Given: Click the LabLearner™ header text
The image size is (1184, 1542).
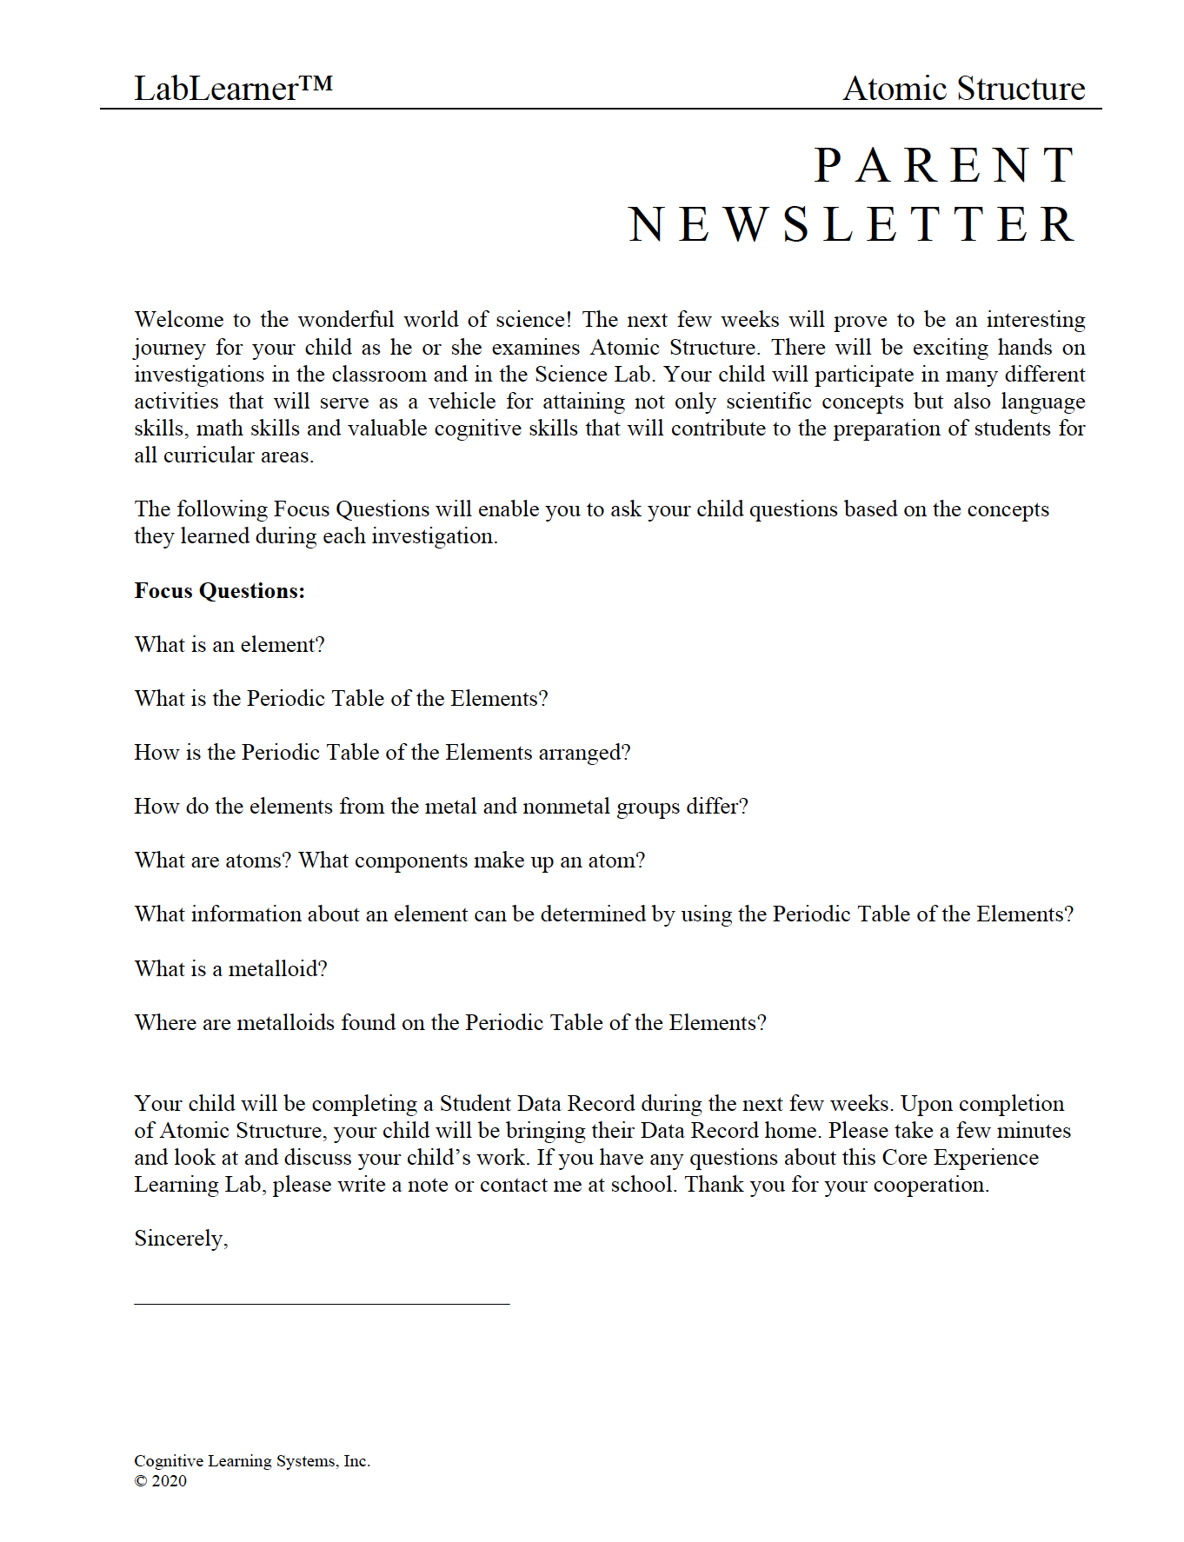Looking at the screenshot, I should pyautogui.click(x=232, y=89).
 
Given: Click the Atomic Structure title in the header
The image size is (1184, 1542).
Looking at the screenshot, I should pyautogui.click(x=963, y=89).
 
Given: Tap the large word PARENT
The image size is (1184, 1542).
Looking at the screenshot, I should pyautogui.click(x=945, y=166).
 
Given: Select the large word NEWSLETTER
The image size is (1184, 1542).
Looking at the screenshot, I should pyautogui.click(x=852, y=225).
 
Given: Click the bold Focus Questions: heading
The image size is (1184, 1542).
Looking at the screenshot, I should pyautogui.click(x=219, y=591).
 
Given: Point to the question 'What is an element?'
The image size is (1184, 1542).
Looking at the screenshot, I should pyautogui.click(x=229, y=645).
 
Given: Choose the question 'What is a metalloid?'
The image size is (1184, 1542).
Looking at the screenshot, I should pyautogui.click(x=230, y=969).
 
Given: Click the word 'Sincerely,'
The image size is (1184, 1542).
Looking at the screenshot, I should pyautogui.click(x=181, y=1239).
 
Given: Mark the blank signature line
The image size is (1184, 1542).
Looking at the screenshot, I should pyautogui.click(x=322, y=1303).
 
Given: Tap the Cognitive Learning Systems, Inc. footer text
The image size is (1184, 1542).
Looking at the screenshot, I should pyautogui.click(x=252, y=1461).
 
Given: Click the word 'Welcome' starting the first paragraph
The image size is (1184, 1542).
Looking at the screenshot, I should pyautogui.click(x=178, y=320).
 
